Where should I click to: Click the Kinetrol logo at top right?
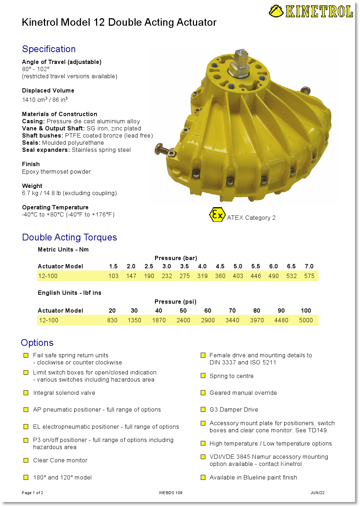[x=311, y=11]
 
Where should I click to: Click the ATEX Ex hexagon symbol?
[x=217, y=215]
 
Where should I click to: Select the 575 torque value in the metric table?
[x=309, y=276]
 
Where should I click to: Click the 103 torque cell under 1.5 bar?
[x=113, y=276]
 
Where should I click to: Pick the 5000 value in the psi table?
[x=306, y=320]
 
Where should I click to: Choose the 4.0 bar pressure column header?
[x=202, y=266]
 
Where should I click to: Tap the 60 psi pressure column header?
[x=207, y=310]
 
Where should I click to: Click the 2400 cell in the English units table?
[x=183, y=320]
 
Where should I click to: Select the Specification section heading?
[x=49, y=49]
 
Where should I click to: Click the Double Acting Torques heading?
[x=70, y=237]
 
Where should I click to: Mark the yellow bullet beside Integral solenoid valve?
[x=26, y=393]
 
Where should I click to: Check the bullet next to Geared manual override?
[x=203, y=393]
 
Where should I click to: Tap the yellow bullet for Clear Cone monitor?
[x=26, y=460]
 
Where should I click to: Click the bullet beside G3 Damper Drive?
[x=203, y=409]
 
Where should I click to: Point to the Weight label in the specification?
[x=32, y=186]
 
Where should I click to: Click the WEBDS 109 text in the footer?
[x=171, y=493]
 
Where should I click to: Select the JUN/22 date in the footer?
[x=317, y=493]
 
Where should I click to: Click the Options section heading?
[x=37, y=343]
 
